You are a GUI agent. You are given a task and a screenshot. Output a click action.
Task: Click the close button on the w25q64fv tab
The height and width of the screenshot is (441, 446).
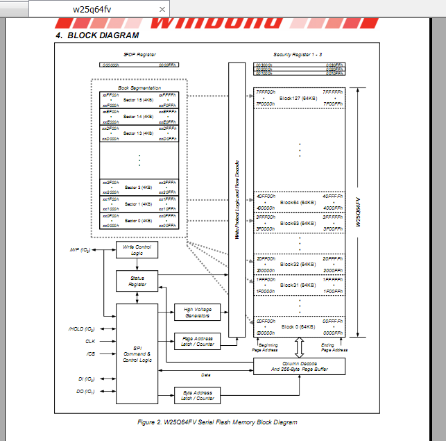point(162,9)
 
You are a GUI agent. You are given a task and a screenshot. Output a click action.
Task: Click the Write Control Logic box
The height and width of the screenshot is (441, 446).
point(137,250)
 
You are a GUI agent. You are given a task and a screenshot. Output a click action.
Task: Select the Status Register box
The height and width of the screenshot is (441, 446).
point(137,281)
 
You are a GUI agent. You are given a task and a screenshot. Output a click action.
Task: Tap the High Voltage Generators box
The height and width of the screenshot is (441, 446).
point(197,313)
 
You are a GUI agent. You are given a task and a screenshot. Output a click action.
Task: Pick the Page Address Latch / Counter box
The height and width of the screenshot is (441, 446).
point(197,341)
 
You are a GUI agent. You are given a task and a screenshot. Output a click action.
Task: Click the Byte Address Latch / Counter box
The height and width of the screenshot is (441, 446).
point(197,395)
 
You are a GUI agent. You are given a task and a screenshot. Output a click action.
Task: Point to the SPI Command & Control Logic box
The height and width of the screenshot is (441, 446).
point(137,353)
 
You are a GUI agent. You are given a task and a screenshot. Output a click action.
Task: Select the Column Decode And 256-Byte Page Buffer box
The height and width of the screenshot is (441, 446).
point(299,366)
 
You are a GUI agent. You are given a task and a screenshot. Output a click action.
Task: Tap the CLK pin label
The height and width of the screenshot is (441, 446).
point(90,341)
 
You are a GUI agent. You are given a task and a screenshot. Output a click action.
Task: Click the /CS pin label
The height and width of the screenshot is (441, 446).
point(90,353)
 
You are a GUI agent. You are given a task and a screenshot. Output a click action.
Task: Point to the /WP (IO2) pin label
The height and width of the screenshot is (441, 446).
point(82,250)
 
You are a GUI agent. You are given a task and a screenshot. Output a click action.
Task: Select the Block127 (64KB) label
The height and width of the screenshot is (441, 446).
point(298,98)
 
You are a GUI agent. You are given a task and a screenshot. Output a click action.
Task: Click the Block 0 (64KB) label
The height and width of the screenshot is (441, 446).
point(298,326)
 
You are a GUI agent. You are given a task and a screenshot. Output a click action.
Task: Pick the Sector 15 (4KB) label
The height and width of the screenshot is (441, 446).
point(139,100)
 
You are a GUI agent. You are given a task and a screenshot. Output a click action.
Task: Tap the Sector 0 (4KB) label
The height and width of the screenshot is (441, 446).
point(139,220)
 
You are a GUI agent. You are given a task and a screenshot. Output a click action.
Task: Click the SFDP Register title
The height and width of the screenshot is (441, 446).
point(139,53)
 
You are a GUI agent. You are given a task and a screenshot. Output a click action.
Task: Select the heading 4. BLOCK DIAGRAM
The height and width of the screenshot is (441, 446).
point(97,35)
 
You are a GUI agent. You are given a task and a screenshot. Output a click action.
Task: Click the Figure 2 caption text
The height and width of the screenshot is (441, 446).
point(218,422)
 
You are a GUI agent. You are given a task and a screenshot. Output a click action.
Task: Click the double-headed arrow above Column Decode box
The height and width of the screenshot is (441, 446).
point(299,347)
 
